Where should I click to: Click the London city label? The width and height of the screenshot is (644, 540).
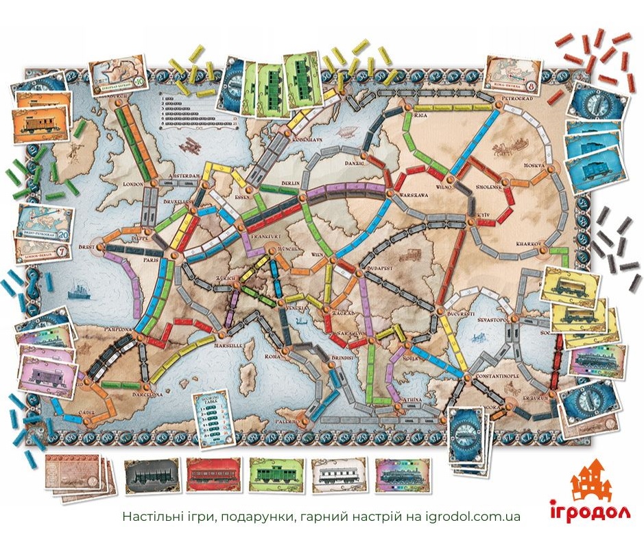[x=132, y=184]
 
